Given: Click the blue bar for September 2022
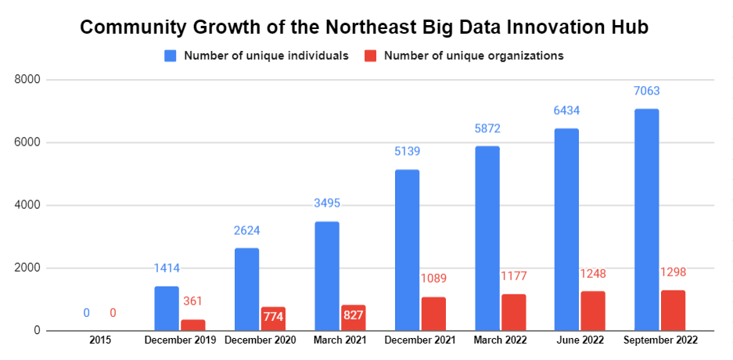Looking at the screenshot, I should (646, 219).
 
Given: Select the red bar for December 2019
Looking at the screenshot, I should (193, 325).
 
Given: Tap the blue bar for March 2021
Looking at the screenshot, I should (327, 275).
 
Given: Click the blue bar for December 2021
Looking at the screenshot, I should (407, 250).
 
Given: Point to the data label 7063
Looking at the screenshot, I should (646, 92).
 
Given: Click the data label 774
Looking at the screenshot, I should (273, 317).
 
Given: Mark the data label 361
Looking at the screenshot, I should (193, 301).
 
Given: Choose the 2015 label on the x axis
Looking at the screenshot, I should (100, 340).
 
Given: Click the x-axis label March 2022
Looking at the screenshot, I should (500, 340).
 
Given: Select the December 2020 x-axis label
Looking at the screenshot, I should (259, 340).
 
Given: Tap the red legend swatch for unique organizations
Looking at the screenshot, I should (371, 56).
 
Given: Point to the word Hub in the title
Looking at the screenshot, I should (631, 28).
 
